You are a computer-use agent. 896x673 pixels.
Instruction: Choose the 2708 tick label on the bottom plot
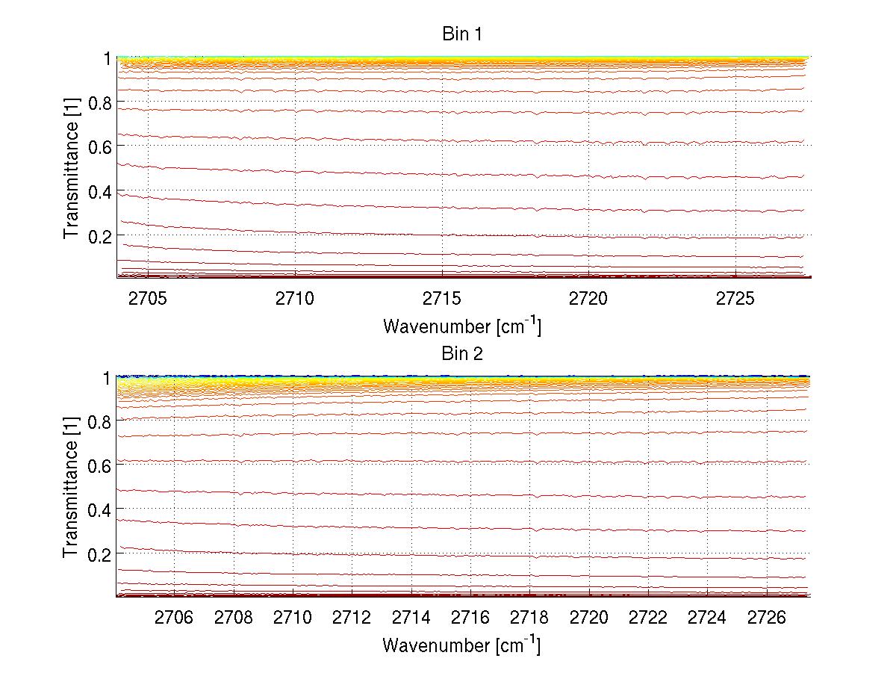[234, 619]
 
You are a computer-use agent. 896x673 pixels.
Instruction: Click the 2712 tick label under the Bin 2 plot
[352, 619]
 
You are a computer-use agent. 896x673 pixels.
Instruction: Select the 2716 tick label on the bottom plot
[470, 619]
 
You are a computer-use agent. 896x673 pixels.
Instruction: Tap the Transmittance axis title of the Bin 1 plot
[72, 168]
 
